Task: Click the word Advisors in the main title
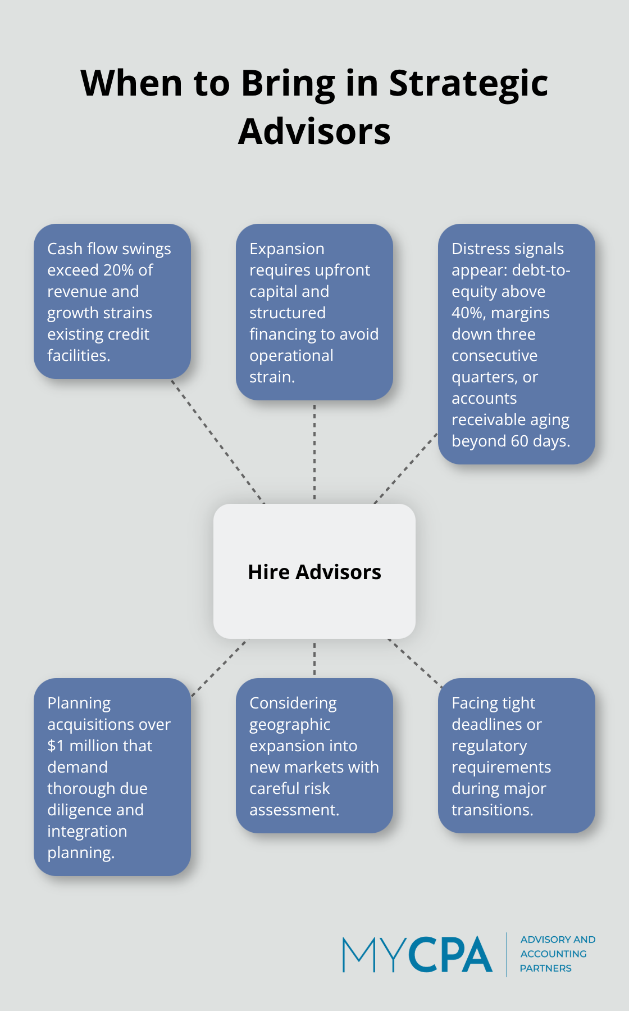[314, 132]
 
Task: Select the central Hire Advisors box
[314, 571]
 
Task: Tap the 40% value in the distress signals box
[467, 313]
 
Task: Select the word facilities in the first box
[78, 356]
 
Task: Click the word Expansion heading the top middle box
[287, 249]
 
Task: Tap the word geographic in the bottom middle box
[290, 725]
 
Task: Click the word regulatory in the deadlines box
[489, 746]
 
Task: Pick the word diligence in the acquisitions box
[79, 810]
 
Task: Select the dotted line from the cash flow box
[217, 441]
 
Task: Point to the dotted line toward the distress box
[405, 468]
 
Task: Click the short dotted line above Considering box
[314, 658]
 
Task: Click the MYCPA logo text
[417, 955]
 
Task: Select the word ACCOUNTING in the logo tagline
[553, 954]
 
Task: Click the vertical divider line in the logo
[507, 955]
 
